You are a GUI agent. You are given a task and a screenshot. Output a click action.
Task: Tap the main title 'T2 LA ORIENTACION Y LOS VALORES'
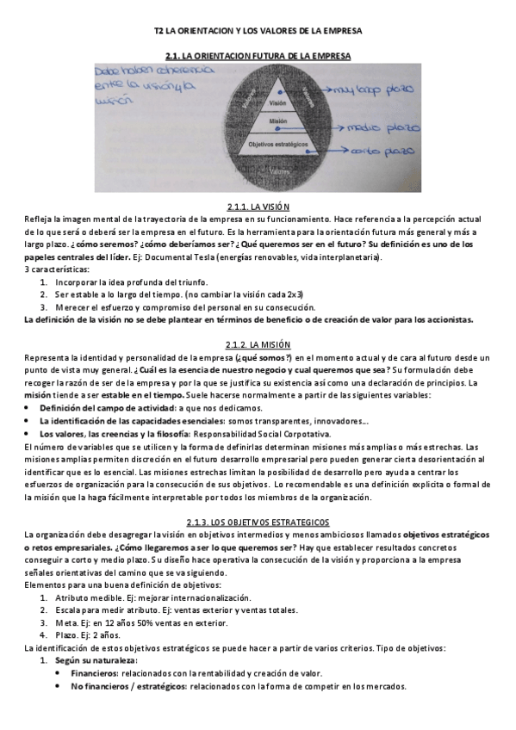tap(258, 30)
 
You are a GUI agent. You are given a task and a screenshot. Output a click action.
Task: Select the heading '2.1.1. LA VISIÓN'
tap(258, 207)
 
